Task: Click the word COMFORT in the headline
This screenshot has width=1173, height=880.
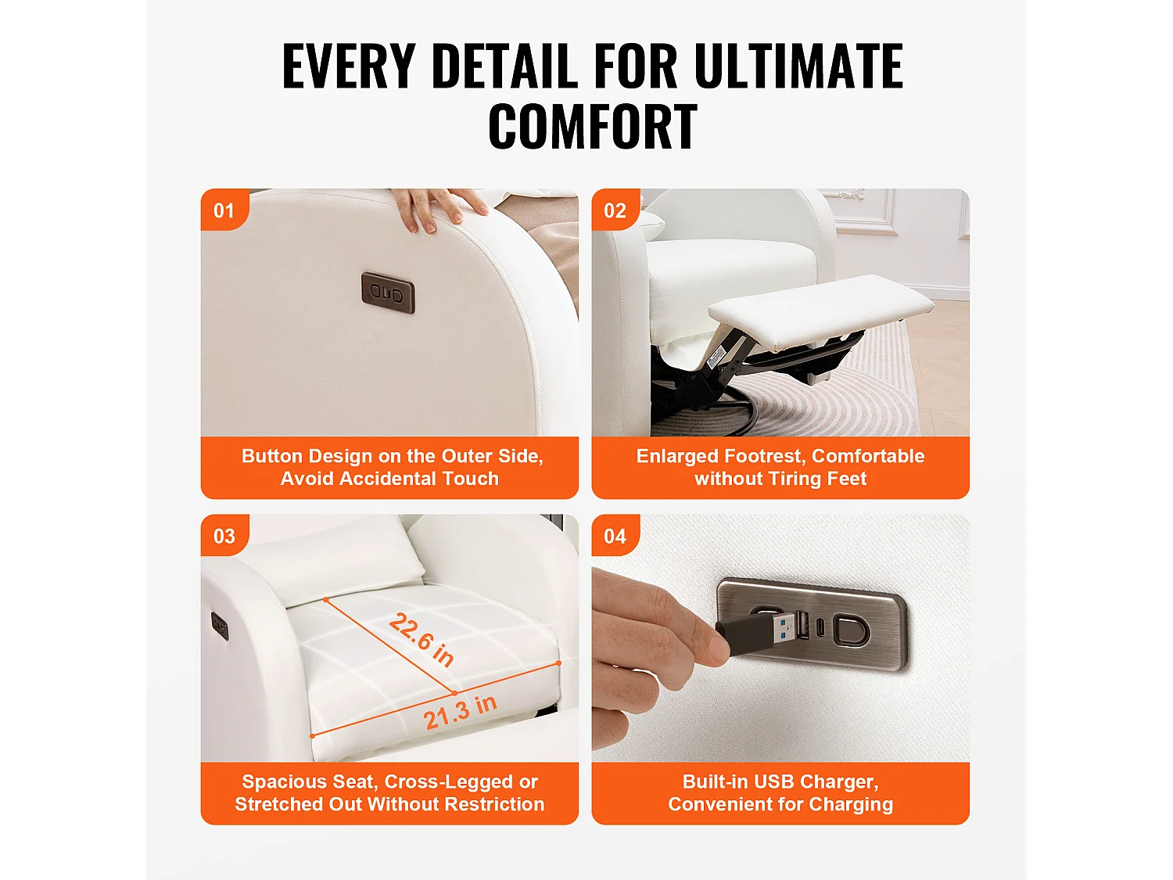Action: [592, 127]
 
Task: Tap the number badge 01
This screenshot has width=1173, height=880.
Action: [224, 210]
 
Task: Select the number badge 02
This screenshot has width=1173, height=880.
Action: [615, 210]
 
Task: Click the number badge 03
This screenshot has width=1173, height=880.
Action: [224, 536]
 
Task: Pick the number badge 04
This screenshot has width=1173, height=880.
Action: [615, 536]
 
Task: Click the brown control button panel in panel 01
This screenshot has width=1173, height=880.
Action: [388, 293]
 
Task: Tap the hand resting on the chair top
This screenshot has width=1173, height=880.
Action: [438, 207]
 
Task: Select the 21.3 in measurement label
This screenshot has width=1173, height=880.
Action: [460, 712]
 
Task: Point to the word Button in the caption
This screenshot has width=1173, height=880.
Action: [271, 456]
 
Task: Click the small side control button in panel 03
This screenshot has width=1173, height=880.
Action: [220, 625]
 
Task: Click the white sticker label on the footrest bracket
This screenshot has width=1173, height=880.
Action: [716, 356]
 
